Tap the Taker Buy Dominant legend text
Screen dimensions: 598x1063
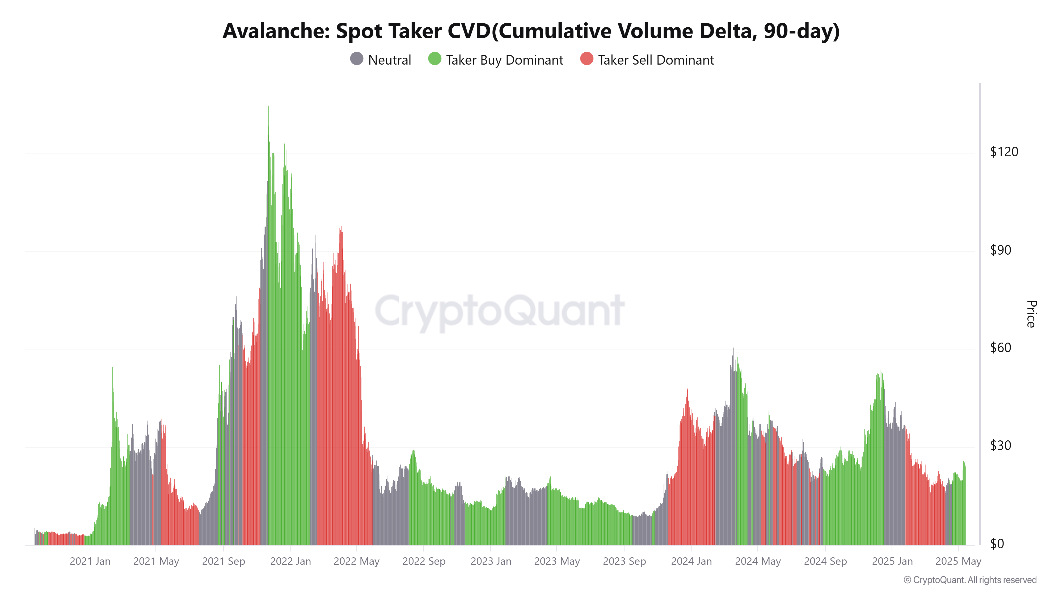pyautogui.click(x=504, y=60)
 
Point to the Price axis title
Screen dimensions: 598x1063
pyautogui.click(x=1031, y=314)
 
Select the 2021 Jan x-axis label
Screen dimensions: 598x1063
pyautogui.click(x=90, y=561)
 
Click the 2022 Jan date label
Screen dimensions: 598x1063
pyautogui.click(x=290, y=561)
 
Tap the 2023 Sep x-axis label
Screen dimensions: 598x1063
pyautogui.click(x=624, y=561)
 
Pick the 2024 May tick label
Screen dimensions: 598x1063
pyautogui.click(x=758, y=561)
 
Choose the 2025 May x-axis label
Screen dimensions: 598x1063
pyautogui.click(x=958, y=561)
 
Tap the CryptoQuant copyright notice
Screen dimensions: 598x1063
pyautogui.click(x=970, y=580)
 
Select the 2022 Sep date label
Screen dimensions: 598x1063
pyautogui.click(x=424, y=561)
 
